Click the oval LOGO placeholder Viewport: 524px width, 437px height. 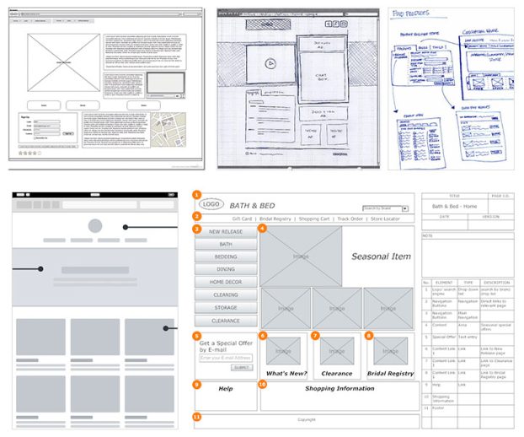pyautogui.click(x=211, y=204)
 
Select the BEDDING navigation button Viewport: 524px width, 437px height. pyautogui.click(x=226, y=256)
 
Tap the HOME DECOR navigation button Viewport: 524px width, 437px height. pyautogui.click(x=226, y=282)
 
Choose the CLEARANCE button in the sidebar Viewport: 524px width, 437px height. pyautogui.click(x=226, y=321)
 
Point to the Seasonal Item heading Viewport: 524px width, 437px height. pyautogui.click(x=382, y=256)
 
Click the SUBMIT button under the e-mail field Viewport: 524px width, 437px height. pyautogui.click(x=242, y=368)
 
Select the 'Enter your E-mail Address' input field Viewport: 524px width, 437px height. pyautogui.click(x=226, y=358)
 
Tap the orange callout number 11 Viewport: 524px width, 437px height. pyautogui.click(x=197, y=417)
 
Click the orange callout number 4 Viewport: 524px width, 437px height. pyautogui.click(x=263, y=229)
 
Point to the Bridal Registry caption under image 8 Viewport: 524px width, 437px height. pyautogui.click(x=390, y=373)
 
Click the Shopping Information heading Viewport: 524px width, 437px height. pyautogui.click(x=340, y=389)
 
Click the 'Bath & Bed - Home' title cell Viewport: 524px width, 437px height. pyautogui.click(x=454, y=206)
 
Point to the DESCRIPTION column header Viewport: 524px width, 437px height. pyautogui.click(x=497, y=283)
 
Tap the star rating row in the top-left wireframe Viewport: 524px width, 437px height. pyautogui.click(x=29, y=154)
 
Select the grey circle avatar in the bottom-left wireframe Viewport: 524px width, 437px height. pyautogui.click(x=94, y=226)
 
